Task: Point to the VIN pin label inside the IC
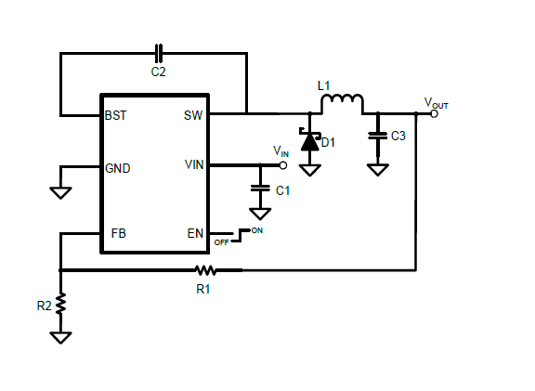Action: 194,165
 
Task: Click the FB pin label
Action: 119,233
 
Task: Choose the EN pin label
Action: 195,233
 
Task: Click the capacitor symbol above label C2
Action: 157,52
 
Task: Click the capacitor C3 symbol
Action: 377,135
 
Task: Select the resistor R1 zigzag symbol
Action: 205,270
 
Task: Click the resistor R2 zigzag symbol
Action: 61,304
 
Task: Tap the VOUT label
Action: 436,103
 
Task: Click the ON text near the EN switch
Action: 257,229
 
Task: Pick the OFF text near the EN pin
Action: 221,241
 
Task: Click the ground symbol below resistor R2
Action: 61,337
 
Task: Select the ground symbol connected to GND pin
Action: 61,192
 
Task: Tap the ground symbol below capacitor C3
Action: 377,169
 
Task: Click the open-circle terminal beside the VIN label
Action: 283,165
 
